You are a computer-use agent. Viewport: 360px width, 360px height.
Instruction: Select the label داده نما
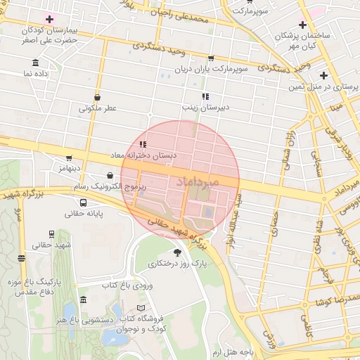click(x=37, y=73)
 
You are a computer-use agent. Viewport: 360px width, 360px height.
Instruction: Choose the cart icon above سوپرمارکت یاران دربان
click(x=211, y=58)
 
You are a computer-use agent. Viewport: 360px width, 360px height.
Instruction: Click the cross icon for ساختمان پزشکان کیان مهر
click(x=302, y=25)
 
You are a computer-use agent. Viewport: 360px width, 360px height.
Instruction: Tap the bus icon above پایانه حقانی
click(x=84, y=202)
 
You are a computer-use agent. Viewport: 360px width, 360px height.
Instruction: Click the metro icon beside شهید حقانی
click(x=21, y=258)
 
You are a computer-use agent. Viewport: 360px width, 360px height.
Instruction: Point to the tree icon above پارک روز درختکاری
click(x=177, y=253)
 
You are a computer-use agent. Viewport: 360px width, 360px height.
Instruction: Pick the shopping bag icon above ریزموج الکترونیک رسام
click(x=110, y=175)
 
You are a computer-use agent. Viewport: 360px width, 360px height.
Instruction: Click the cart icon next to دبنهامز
click(x=68, y=158)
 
